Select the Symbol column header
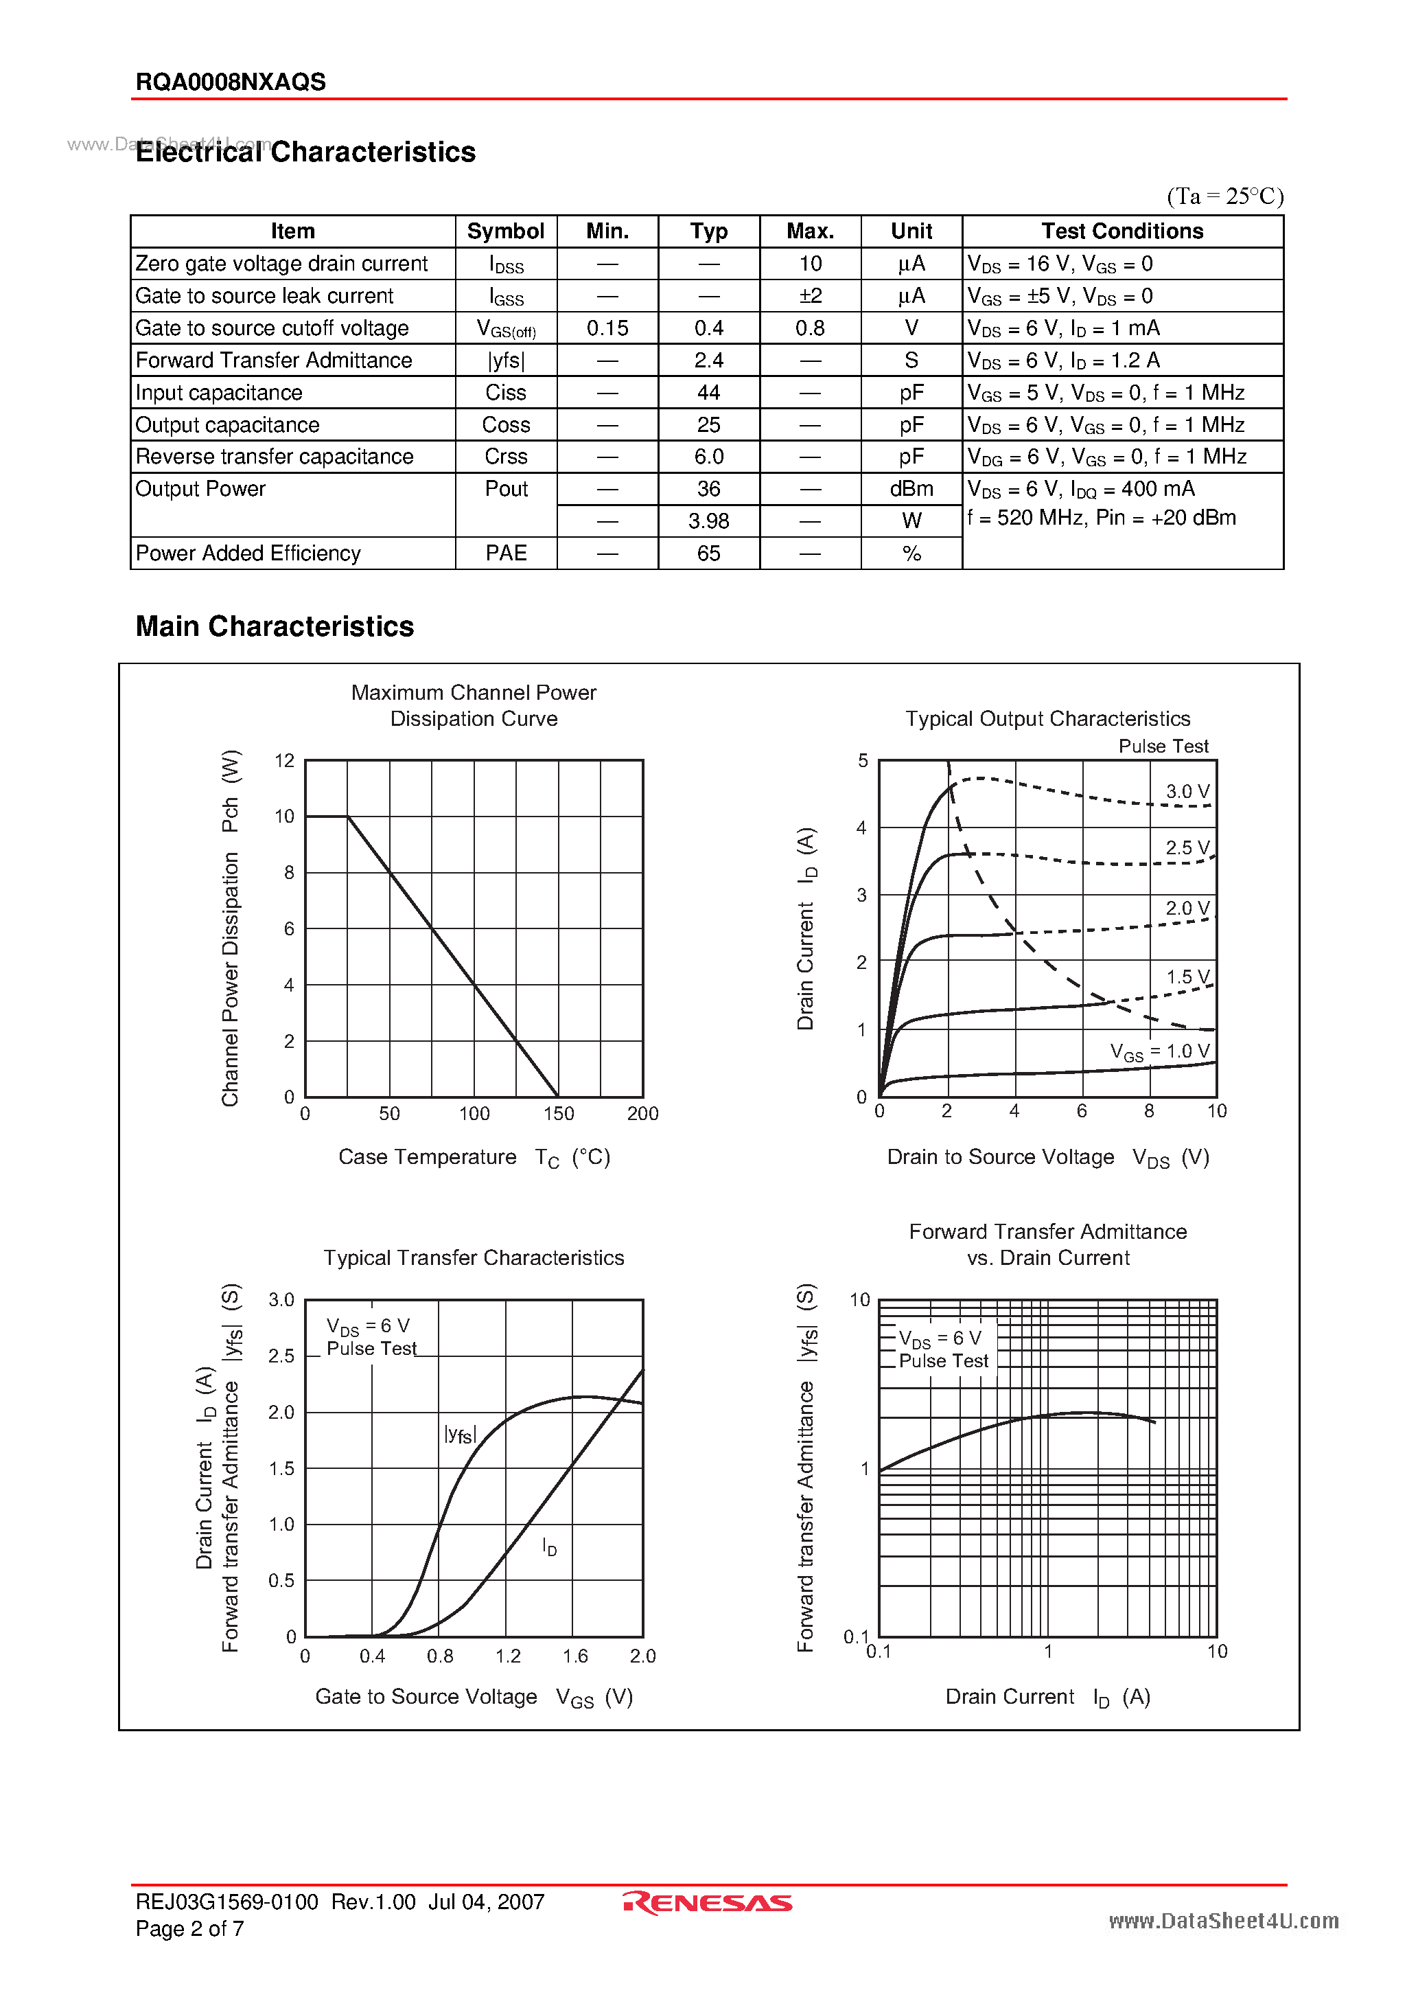point(505,231)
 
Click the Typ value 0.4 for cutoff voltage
point(708,328)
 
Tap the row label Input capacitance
point(218,393)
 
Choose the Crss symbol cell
point(505,457)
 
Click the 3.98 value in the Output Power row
point(708,521)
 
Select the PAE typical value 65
point(708,554)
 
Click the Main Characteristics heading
point(275,626)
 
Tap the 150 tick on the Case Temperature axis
point(559,1113)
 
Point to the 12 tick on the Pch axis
point(284,761)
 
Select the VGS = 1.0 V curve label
point(1159,1051)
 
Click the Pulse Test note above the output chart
point(1163,746)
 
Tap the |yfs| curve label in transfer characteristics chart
point(460,1435)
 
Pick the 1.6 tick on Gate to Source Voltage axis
point(575,1656)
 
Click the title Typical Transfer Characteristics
point(474,1257)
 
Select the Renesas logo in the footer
point(708,1903)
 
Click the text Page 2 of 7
point(189,1928)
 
